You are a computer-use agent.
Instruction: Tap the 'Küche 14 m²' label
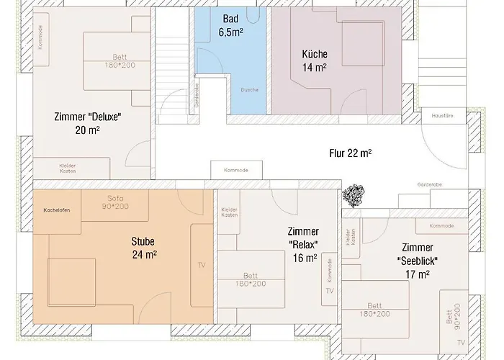(x=314, y=60)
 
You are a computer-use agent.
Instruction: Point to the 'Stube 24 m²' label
(x=144, y=247)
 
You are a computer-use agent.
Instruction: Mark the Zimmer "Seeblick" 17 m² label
(x=416, y=260)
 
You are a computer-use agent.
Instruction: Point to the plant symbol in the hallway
(x=354, y=193)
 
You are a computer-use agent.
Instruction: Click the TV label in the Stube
(x=201, y=265)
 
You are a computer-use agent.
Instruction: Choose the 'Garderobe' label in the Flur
(x=430, y=184)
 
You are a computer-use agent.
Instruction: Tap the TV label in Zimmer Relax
(x=330, y=291)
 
